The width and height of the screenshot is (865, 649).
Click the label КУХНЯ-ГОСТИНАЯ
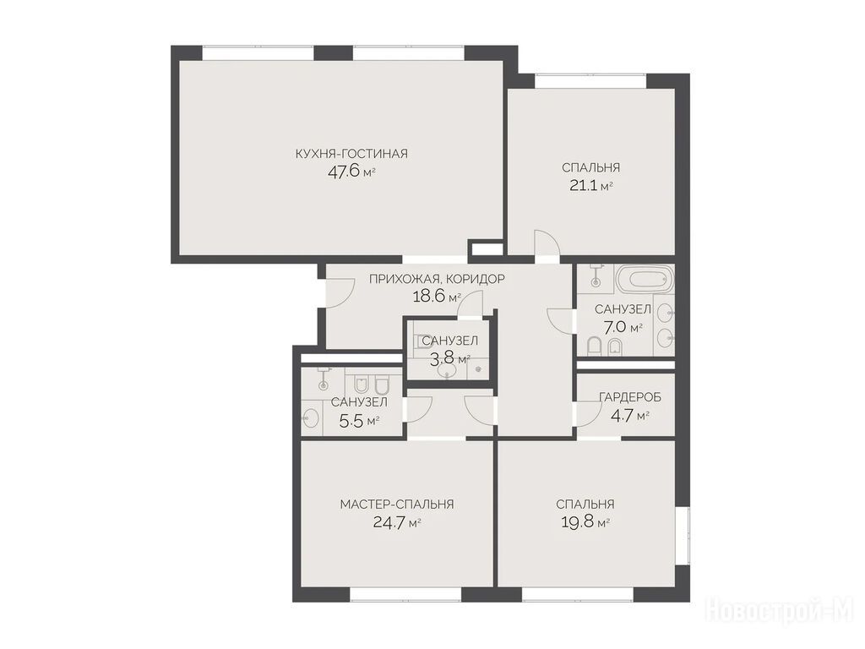pyautogui.click(x=351, y=154)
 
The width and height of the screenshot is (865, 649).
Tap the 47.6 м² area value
pyautogui.click(x=351, y=172)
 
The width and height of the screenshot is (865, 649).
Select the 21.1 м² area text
pyautogui.click(x=590, y=185)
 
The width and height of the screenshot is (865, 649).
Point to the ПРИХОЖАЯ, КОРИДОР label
pyautogui.click(x=437, y=279)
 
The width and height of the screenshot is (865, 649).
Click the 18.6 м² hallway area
pyautogui.click(x=437, y=297)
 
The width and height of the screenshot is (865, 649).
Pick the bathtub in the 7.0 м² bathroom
pyautogui.click(x=645, y=279)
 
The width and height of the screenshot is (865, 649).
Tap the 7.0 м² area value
pyautogui.click(x=623, y=327)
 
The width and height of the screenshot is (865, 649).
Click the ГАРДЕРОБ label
pyautogui.click(x=630, y=397)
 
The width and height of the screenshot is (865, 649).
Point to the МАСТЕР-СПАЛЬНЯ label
pyautogui.click(x=397, y=504)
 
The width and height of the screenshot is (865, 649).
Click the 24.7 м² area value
pyautogui.click(x=397, y=521)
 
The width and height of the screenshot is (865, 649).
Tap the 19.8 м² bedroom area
pyautogui.click(x=585, y=521)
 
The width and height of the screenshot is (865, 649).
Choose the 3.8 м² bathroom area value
pyautogui.click(x=449, y=359)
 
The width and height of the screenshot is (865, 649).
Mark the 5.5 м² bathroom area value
pyautogui.click(x=359, y=422)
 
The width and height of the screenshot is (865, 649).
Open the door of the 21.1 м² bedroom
pyautogui.click(x=547, y=243)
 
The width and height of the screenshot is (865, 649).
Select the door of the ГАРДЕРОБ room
pyautogui.click(x=588, y=413)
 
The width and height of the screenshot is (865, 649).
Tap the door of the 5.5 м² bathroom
pyautogui.click(x=418, y=410)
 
